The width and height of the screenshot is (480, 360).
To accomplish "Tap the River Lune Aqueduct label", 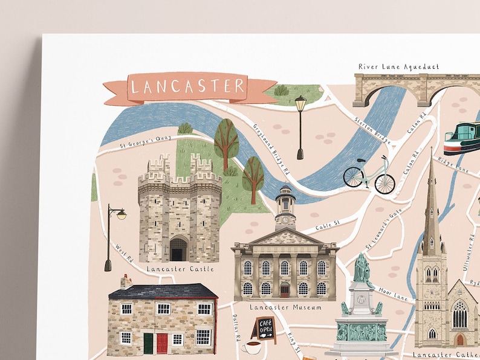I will pos(398,66).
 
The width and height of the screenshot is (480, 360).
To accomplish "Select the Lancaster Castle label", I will pos(180,268).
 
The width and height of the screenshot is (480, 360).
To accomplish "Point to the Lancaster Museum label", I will pos(285,307).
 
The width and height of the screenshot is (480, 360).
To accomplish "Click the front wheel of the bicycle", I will pos(384,184).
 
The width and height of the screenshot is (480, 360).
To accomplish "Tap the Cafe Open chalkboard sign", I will pos(265,329).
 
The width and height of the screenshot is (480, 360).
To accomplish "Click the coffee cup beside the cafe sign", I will pos(251,347).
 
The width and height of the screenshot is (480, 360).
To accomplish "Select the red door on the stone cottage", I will pos(162,342).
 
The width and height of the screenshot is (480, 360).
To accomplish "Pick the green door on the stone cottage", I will pos(148,342).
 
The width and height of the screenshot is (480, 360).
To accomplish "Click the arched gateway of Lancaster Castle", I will pos(179,249).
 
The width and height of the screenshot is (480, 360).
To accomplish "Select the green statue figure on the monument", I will pos(362,269).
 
